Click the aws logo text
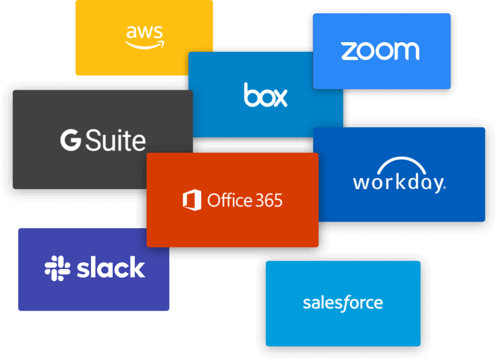click(x=143, y=32)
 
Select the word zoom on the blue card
click(x=380, y=51)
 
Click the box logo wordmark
click(x=266, y=95)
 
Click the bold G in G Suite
click(x=70, y=140)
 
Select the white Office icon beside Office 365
click(x=192, y=200)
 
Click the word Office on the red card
click(x=227, y=200)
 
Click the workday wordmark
click(x=398, y=182)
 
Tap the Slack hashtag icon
click(x=57, y=268)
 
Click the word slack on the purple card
click(x=111, y=268)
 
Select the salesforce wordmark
click(x=342, y=302)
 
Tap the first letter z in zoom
click(x=349, y=52)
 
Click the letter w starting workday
click(x=362, y=182)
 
